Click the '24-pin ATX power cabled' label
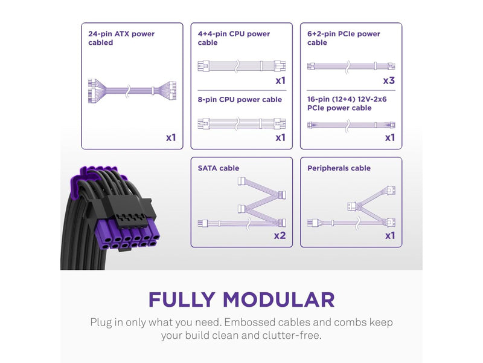pyautogui.click(x=121, y=38)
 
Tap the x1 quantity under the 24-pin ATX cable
pyautogui.click(x=171, y=137)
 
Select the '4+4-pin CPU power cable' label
pyautogui.click(x=234, y=38)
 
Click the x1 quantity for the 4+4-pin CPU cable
pyautogui.click(x=280, y=80)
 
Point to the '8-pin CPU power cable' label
pyautogui.click(x=240, y=100)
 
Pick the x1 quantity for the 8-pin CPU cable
pyautogui.click(x=280, y=137)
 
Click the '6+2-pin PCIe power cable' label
pyautogui.click(x=344, y=38)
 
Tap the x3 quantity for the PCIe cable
pyautogui.click(x=389, y=80)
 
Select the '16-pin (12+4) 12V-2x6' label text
pyautogui.click(x=347, y=99)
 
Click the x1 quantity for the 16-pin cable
pyautogui.click(x=390, y=137)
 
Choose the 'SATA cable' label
pyautogui.click(x=219, y=168)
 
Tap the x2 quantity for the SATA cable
pyautogui.click(x=280, y=235)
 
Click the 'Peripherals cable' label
pyautogui.click(x=339, y=168)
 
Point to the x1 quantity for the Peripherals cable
pyautogui.click(x=390, y=235)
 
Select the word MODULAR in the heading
pyautogui.click(x=279, y=299)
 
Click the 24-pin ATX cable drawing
pyautogui.click(x=132, y=90)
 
